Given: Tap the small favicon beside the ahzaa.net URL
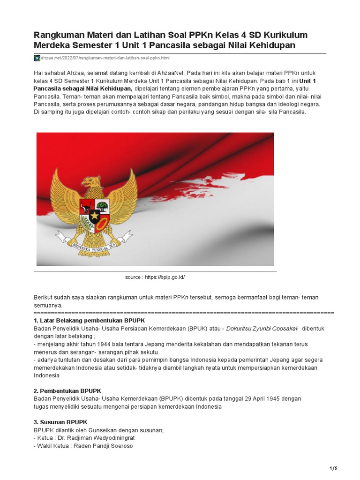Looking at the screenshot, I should pos(37,58).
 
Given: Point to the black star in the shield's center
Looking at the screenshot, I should pos(95,216).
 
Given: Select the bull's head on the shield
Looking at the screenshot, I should pos(87,205).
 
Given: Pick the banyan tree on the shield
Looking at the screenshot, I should pos(103,205).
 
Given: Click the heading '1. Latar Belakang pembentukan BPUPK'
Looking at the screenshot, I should pos(90,320).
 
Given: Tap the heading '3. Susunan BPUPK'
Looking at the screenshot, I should pos(60,422).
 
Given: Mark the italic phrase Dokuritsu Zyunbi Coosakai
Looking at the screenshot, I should pos(262,329).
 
